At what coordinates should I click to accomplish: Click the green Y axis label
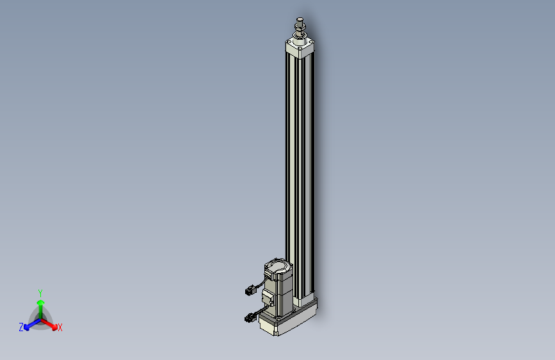40,293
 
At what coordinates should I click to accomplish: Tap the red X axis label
60,327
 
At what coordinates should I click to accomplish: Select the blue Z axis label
21,327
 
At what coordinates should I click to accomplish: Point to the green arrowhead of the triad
40,302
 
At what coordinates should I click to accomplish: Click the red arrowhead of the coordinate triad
54,327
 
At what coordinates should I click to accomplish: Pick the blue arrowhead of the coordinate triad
26,328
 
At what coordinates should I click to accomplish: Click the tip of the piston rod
300,19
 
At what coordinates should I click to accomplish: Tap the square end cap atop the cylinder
300,47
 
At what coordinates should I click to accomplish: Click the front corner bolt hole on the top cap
300,48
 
